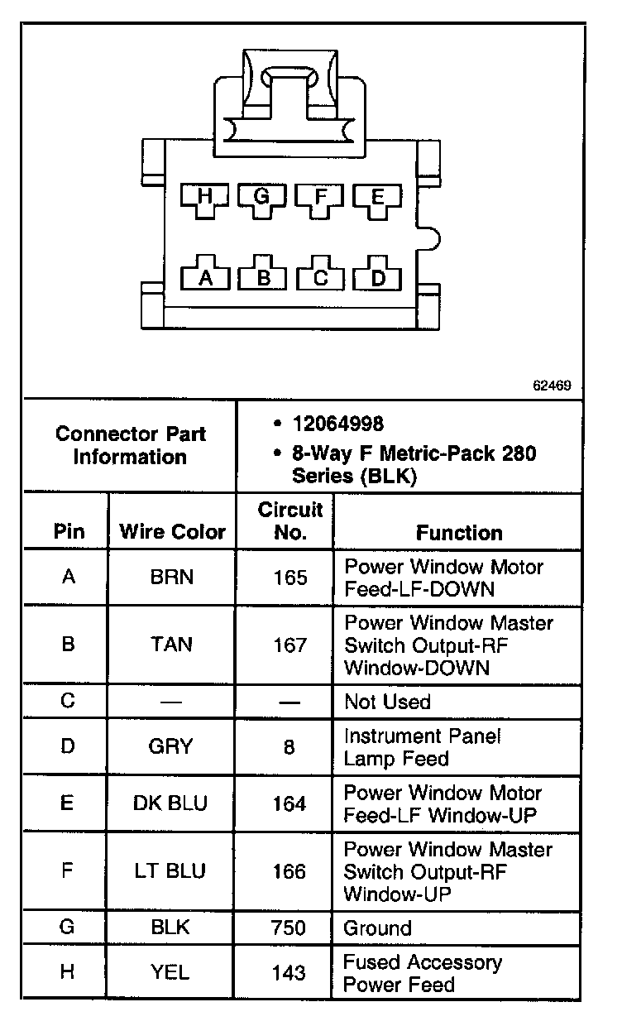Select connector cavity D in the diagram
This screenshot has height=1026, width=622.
[x=378, y=277]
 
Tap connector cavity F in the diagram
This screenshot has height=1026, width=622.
[x=320, y=199]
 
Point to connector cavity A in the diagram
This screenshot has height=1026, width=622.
[x=205, y=277]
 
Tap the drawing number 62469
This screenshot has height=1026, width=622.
[x=552, y=386]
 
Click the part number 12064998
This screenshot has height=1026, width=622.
[x=337, y=424]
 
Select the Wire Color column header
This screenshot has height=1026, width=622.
[x=173, y=531]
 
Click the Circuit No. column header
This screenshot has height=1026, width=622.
[x=289, y=520]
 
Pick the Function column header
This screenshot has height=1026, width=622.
[x=459, y=532]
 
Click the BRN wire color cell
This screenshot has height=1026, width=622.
[x=172, y=577]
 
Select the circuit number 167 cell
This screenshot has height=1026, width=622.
[x=289, y=645]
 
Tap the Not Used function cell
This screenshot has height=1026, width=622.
[x=387, y=702]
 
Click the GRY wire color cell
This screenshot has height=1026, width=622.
[x=171, y=746]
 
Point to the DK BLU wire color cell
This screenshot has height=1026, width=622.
[x=171, y=803]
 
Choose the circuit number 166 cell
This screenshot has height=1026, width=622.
[x=289, y=871]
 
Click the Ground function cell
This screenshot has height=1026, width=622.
[x=377, y=928]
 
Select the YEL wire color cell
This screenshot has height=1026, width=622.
[x=171, y=973]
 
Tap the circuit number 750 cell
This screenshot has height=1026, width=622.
[x=289, y=928]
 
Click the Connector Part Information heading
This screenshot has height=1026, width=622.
[x=131, y=445]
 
